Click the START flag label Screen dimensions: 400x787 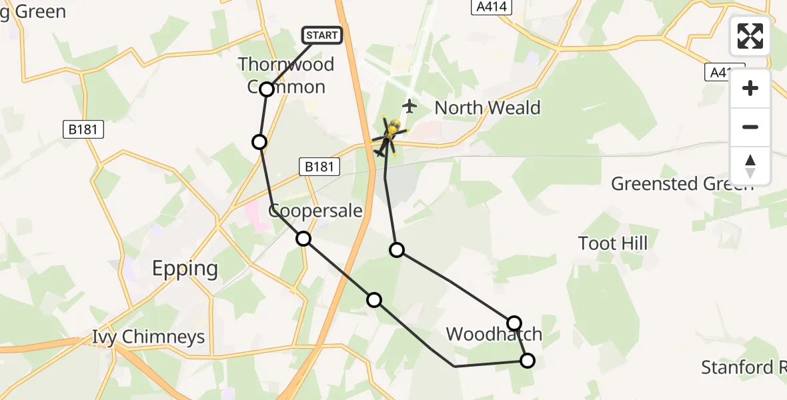pos(323,35)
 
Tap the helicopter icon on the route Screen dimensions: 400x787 pos(389,135)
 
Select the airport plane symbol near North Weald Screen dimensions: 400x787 pos(410,105)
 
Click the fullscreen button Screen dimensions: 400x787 pos(750,36)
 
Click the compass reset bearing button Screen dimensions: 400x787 pos(750,165)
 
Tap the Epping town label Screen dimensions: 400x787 pos(185,269)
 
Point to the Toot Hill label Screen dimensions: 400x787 pos(613,243)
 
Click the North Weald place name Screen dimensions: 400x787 pos(488,108)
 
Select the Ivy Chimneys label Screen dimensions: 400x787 pos(149,337)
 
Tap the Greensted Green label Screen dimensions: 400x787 pos(682,184)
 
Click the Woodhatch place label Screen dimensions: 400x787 pos(494,334)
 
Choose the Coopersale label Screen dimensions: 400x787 pos(315,211)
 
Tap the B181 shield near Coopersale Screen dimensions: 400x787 pos(319,167)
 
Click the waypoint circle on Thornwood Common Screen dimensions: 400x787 pos(267,89)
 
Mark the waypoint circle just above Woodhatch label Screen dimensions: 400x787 pos(514,323)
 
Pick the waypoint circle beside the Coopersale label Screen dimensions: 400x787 pos(303,239)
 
